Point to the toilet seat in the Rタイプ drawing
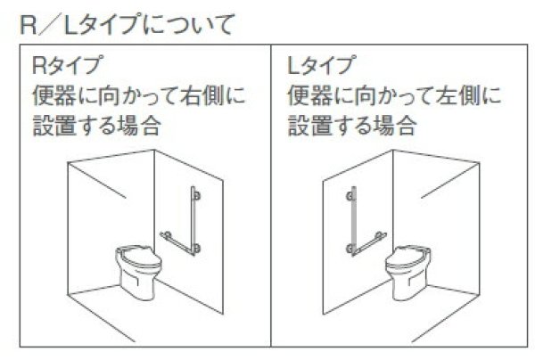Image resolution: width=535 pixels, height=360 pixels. (x=143, y=251)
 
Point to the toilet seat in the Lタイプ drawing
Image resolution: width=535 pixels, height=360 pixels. (x=409, y=251)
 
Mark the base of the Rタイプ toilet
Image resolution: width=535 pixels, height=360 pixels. (x=143, y=290)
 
